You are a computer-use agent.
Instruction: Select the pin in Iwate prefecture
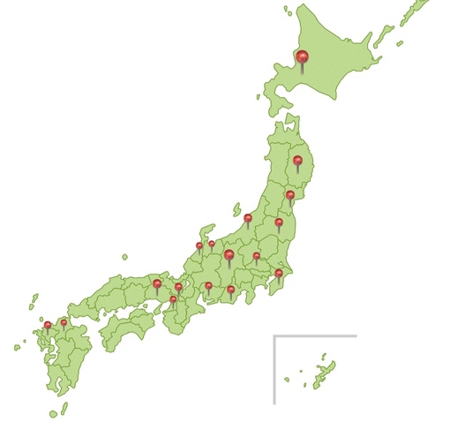pyautogui.click(x=298, y=161)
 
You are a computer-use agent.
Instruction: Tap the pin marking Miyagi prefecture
pyautogui.click(x=290, y=195)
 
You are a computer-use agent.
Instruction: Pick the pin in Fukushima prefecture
pyautogui.click(x=279, y=222)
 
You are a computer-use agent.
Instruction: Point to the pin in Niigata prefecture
pyautogui.click(x=248, y=217)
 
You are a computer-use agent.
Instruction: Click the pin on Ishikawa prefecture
pyautogui.click(x=199, y=246)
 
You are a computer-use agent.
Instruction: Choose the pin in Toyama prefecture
pyautogui.click(x=212, y=243)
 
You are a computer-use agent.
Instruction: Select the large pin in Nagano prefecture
pyautogui.click(x=229, y=255)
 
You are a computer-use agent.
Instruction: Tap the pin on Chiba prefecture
pyautogui.click(x=279, y=274)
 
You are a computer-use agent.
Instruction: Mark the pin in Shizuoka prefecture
pyautogui.click(x=231, y=289)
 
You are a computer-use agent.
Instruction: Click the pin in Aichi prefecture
pyautogui.click(x=208, y=286)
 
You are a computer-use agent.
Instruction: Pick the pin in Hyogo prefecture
pyautogui.click(x=157, y=284)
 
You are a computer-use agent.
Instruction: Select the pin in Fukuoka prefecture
pyautogui.click(x=64, y=322)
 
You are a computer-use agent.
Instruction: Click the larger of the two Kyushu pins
pyautogui.click(x=48, y=325)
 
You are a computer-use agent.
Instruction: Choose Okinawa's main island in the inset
pyautogui.click(x=321, y=371)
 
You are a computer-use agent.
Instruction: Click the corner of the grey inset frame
pyautogui.click(x=274, y=336)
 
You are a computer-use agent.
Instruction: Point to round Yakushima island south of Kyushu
pyautogui.click(x=53, y=413)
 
